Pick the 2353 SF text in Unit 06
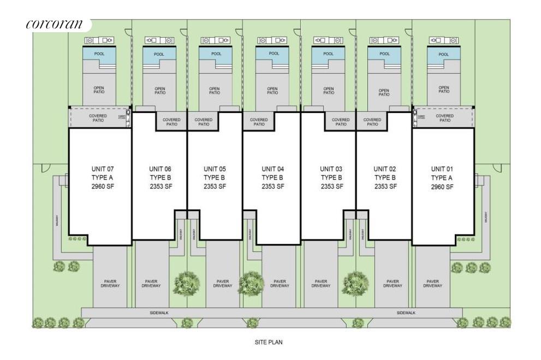point(160,187)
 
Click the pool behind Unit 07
point(99,54)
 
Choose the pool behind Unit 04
point(272,54)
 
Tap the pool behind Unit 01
point(443,55)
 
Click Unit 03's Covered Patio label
point(341,122)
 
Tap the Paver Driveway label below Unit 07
point(110,284)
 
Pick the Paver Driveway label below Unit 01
point(432,284)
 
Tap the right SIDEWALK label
point(406,313)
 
